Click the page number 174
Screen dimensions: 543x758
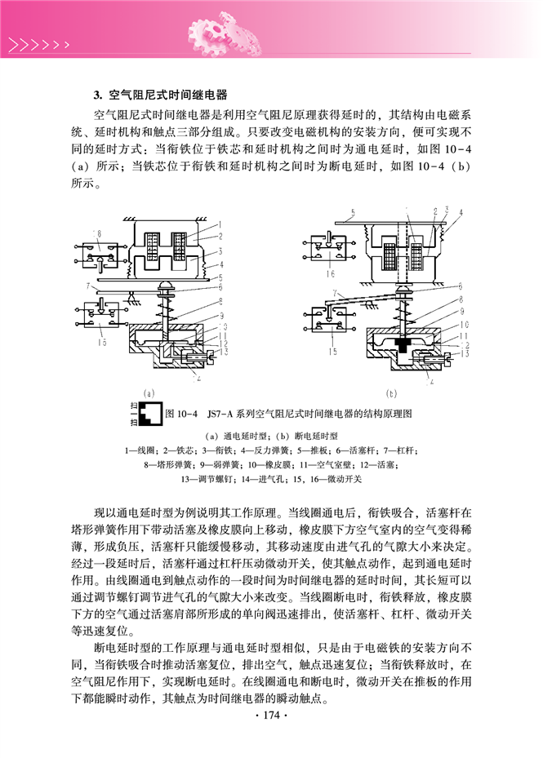[271, 715]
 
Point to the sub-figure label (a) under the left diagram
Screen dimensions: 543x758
[149, 393]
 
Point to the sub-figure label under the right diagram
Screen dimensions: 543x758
[391, 393]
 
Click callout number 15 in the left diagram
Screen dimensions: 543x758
[101, 342]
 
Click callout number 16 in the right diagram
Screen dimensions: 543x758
[330, 273]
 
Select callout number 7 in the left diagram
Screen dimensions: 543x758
[88, 286]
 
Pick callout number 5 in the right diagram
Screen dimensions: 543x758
[353, 212]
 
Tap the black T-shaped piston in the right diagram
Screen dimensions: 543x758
[403, 344]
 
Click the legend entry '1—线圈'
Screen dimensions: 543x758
[140, 450]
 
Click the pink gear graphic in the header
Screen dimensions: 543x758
[225, 33]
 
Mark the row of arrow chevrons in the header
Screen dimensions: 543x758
[38, 45]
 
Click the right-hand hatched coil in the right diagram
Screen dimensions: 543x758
[416, 257]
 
